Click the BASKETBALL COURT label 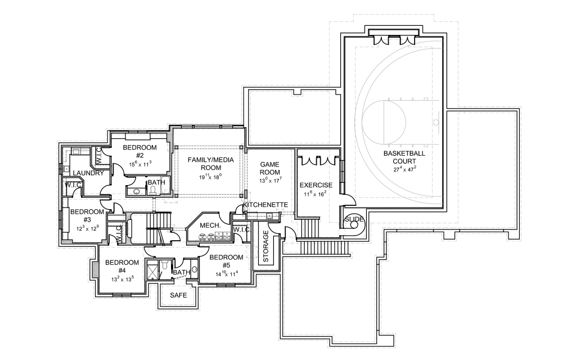[x=404, y=157]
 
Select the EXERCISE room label [x=316, y=185]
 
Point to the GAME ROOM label [x=269, y=168]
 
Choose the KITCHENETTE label [x=265, y=204]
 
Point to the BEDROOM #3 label [x=87, y=215]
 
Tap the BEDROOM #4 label [x=122, y=266]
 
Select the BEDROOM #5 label [x=226, y=262]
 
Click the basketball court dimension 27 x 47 [x=404, y=169]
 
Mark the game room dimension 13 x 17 [x=269, y=181]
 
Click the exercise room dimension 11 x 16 [x=316, y=194]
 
